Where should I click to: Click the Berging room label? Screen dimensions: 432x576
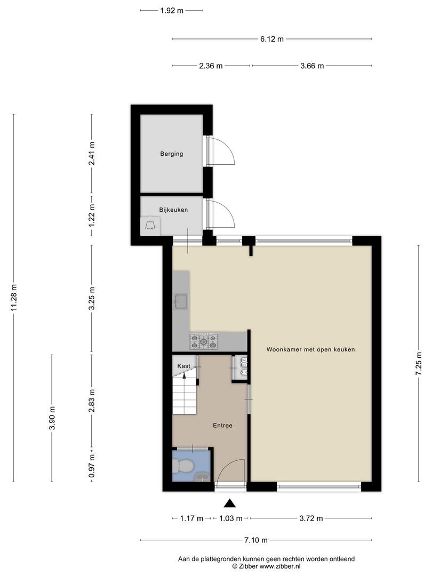[172, 154]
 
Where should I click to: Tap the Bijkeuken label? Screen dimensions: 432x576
[173, 210]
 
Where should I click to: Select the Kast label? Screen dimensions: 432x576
[183, 366]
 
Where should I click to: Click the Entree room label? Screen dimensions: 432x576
[222, 426]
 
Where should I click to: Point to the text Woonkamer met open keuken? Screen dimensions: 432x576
[311, 349]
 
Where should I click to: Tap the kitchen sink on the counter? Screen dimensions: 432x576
[181, 301]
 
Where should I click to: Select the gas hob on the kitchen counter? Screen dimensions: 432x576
[204, 341]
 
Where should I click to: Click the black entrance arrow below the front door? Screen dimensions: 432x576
[229, 503]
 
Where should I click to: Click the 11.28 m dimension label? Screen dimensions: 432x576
[14, 298]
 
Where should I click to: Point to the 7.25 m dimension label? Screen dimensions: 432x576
[419, 364]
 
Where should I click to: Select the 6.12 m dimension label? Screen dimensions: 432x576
[272, 39]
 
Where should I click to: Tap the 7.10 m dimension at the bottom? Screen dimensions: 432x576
[256, 540]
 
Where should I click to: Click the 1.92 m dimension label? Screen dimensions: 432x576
[172, 10]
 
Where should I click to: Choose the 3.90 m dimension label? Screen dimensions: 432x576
[52, 418]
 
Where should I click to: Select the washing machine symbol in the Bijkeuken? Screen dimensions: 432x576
[150, 225]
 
